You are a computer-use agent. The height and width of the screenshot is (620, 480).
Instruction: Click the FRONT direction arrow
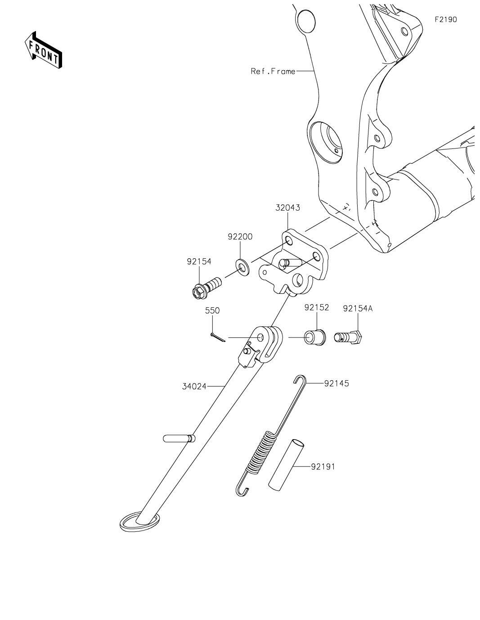[x=43, y=49]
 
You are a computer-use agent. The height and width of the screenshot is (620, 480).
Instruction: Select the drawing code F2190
[x=445, y=19]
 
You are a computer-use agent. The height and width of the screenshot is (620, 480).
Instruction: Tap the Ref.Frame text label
[x=273, y=71]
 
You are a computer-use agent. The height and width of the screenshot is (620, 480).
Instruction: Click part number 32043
[x=288, y=208]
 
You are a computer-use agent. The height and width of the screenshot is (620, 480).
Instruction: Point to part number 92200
[x=240, y=237]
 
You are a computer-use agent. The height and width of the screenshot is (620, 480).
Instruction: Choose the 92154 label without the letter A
[x=199, y=261]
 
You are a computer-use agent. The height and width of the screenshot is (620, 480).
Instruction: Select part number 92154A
[x=358, y=309]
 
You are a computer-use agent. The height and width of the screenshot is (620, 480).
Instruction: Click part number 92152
[x=317, y=307]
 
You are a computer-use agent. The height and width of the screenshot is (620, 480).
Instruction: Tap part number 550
[x=212, y=311]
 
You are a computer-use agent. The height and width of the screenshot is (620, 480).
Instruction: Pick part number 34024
[x=194, y=386]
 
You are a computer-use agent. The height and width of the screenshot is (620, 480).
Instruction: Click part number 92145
[x=336, y=383]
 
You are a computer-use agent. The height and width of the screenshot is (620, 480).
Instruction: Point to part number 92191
[x=323, y=467]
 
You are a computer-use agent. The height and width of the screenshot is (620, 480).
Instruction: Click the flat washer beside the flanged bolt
[x=242, y=267]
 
